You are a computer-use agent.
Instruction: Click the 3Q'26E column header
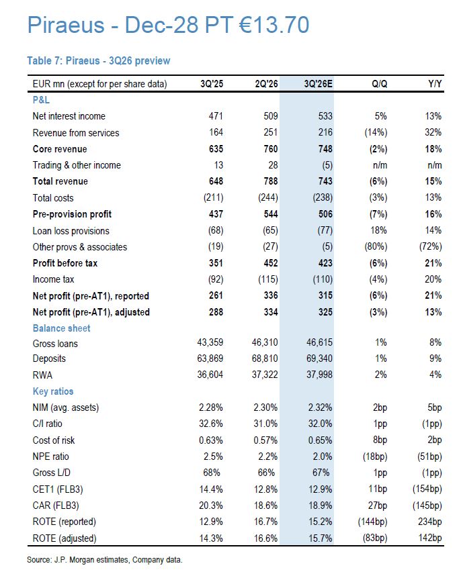[318, 84]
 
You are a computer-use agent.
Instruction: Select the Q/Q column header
[379, 84]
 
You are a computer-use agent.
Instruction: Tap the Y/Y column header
[435, 84]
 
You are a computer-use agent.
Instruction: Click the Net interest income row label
[69, 116]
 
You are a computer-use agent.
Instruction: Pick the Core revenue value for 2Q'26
[271, 149]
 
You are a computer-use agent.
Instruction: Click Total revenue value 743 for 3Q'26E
[325, 181]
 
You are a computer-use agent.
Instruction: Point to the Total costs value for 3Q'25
[213, 197]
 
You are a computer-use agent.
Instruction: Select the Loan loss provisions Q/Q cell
[378, 230]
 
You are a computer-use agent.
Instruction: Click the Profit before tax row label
[65, 263]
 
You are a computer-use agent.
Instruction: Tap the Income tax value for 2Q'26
[268, 279]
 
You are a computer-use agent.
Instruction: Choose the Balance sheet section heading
[62, 328]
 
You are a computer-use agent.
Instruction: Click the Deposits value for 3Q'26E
[320, 358]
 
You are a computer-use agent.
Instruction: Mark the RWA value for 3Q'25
[210, 375]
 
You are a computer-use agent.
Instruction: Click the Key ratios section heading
[53, 391]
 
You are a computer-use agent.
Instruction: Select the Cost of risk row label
[54, 440]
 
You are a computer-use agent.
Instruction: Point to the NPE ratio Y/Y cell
[429, 457]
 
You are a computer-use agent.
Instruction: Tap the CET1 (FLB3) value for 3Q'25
[211, 489]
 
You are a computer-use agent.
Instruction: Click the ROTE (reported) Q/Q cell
[373, 522]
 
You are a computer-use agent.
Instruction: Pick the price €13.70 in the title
[274, 25]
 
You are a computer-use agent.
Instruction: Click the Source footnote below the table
[104, 560]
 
